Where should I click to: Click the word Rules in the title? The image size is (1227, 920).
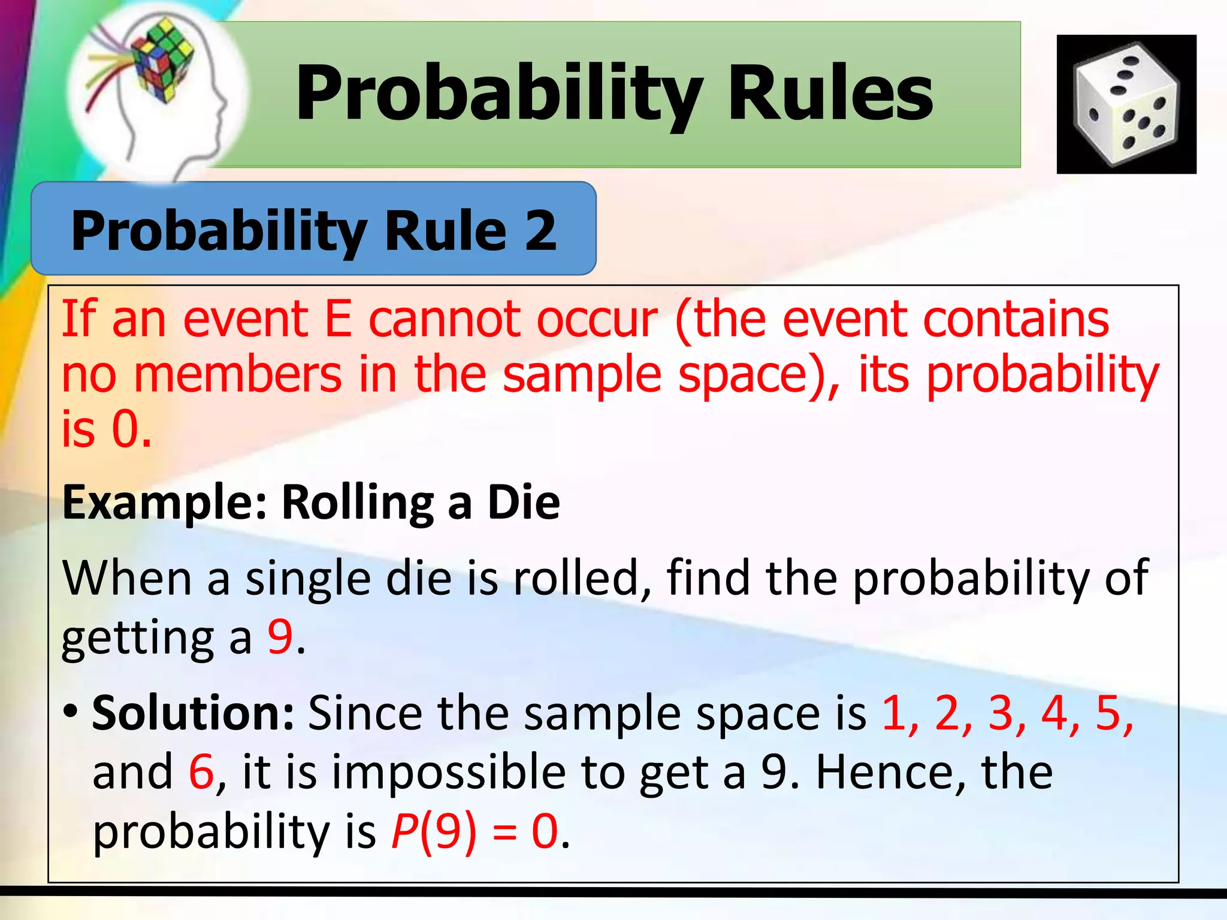pos(830,93)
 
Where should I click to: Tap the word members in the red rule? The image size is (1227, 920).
pos(237,375)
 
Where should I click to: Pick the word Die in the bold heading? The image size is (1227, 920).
pos(524,502)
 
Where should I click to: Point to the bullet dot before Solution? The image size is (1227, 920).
pos(71,712)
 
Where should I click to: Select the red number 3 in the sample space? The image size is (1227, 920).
pos(1001,713)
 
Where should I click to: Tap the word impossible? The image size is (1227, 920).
pos(449,773)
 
